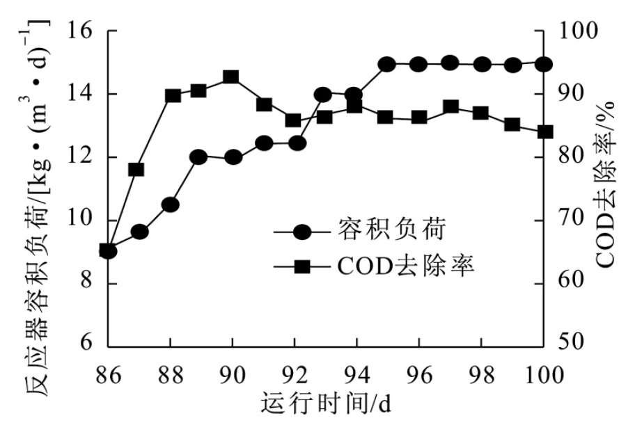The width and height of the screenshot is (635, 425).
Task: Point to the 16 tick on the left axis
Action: pyautogui.click(x=82, y=31)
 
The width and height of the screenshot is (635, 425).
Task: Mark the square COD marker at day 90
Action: pyautogui.click(x=232, y=77)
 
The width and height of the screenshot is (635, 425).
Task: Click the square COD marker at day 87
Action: pyautogui.click(x=136, y=169)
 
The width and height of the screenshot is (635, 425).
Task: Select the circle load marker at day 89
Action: pyautogui.click(x=198, y=157)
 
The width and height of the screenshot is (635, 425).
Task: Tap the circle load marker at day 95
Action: pyautogui.click(x=387, y=65)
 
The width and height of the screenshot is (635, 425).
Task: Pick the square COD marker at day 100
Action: pyautogui.click(x=544, y=131)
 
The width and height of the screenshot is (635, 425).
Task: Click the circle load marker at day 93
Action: pyautogui.click(x=323, y=95)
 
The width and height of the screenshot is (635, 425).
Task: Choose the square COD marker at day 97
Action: pyautogui.click(x=450, y=107)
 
